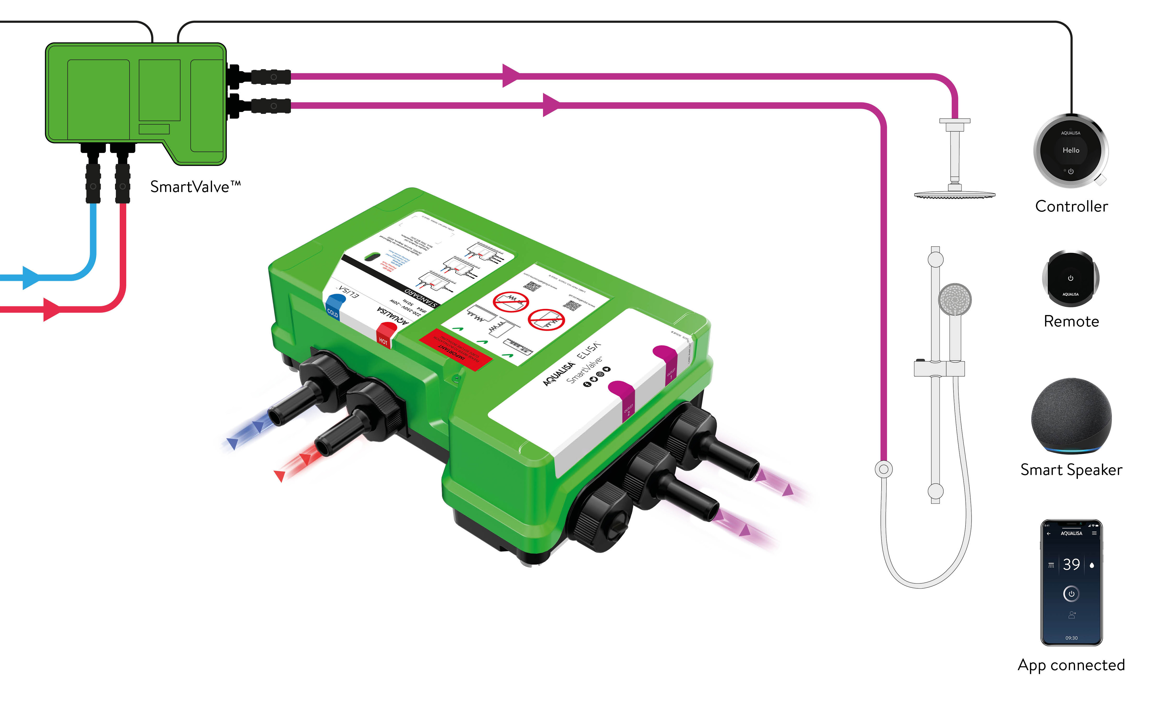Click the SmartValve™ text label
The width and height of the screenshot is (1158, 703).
pyautogui.click(x=195, y=187)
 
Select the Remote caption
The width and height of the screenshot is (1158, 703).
pyautogui.click(x=1071, y=322)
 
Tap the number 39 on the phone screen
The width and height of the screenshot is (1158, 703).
pyautogui.click(x=1071, y=564)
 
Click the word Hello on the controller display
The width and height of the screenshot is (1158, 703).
pyautogui.click(x=1071, y=150)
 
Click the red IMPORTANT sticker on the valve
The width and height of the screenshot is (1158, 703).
pyautogui.click(x=455, y=350)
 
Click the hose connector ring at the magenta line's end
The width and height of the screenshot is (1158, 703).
pyautogui.click(x=884, y=469)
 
